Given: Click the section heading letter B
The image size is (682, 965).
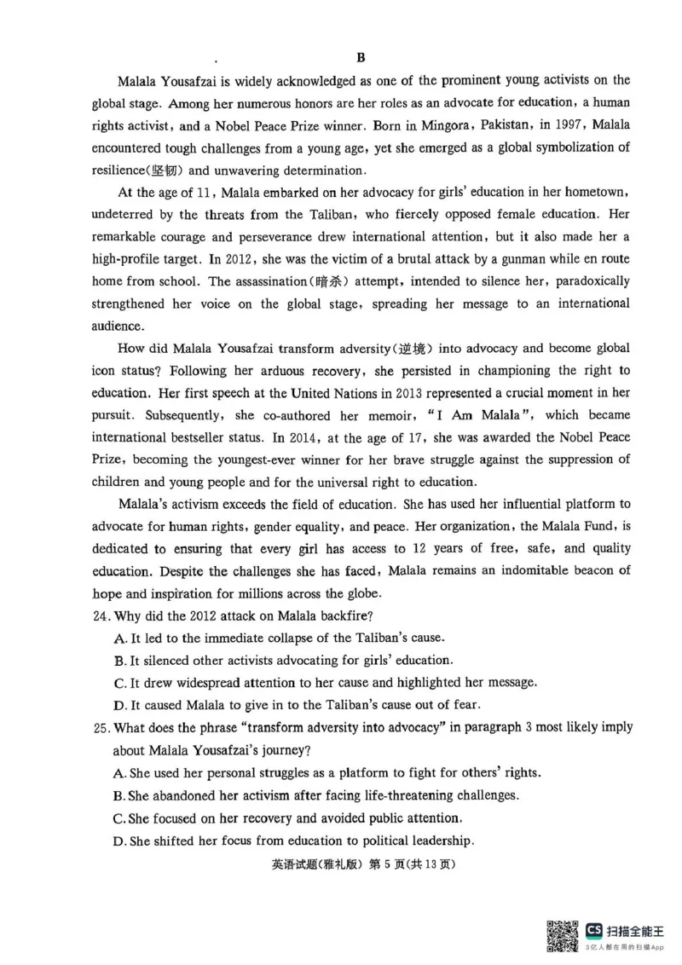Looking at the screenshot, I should pyautogui.click(x=360, y=58).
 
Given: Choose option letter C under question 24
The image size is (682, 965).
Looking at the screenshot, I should pyautogui.click(x=119, y=683).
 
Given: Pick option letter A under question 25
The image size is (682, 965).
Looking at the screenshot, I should pyautogui.click(x=119, y=773).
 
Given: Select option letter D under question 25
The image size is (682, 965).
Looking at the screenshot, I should pyautogui.click(x=119, y=840).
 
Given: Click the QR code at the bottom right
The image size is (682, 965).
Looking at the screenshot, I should pyautogui.click(x=564, y=936).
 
